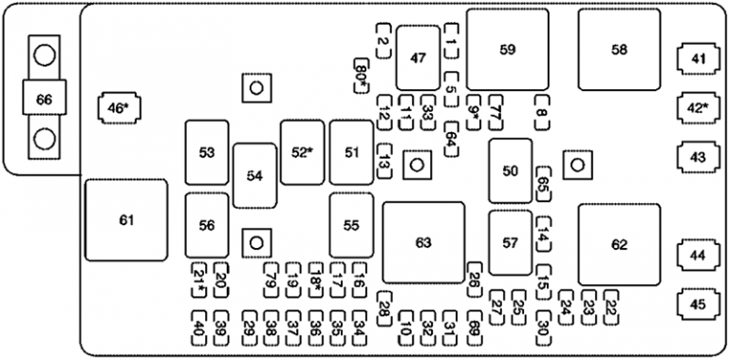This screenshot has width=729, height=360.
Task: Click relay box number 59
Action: (507, 49)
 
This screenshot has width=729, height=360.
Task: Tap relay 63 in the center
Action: (423, 242)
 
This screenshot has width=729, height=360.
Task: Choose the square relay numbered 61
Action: (126, 220)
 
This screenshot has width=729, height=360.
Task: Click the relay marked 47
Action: (418, 57)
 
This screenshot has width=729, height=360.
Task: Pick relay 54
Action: (254, 176)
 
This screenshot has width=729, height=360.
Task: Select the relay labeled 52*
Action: (302, 152)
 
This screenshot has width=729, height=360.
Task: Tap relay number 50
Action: (511, 170)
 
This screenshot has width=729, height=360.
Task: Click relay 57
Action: (511, 243)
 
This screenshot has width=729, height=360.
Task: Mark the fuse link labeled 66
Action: (44, 98)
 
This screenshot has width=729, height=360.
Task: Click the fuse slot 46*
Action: (117, 108)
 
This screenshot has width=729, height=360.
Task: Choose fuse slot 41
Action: (699, 60)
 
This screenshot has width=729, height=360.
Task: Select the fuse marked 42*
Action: (699, 107)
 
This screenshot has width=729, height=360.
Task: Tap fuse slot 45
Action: (699, 304)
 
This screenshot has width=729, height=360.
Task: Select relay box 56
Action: (207, 225)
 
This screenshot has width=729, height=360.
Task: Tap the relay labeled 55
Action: (351, 225)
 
